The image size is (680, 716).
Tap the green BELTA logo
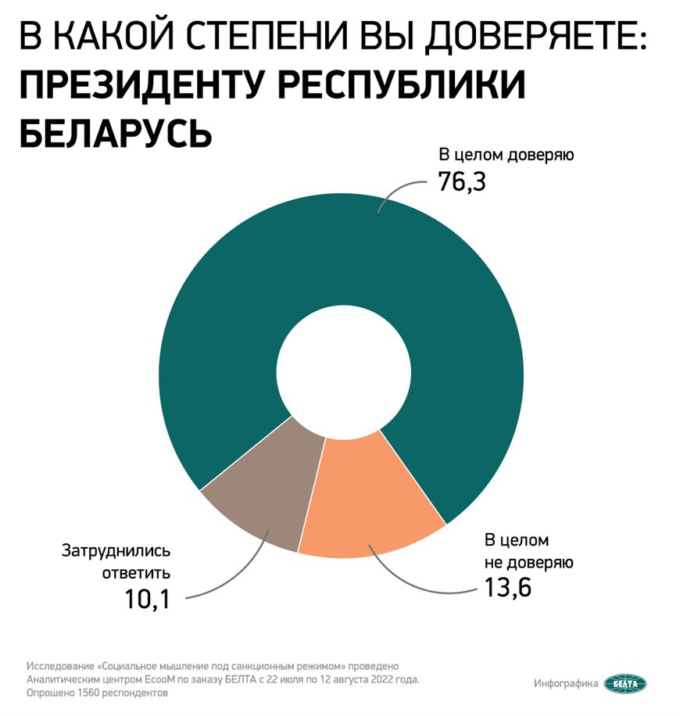(x=625, y=684)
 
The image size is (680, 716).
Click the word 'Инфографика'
(x=567, y=684)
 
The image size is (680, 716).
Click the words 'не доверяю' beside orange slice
(x=529, y=562)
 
